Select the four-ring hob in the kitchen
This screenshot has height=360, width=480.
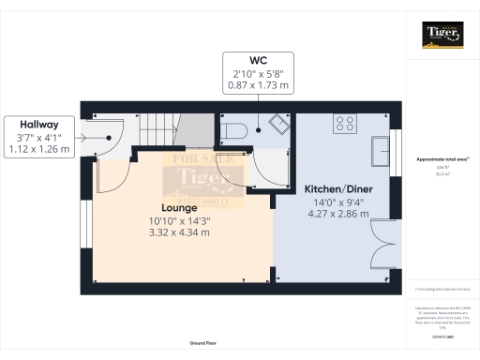pos(344,122)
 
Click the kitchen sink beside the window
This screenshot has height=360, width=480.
pos(382,149)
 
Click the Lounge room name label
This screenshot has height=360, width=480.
pos(178,207)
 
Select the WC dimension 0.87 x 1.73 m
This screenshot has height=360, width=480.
pos(257,85)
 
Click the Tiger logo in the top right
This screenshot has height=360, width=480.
pos(442,35)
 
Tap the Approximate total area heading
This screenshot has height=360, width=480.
pos(442,159)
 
